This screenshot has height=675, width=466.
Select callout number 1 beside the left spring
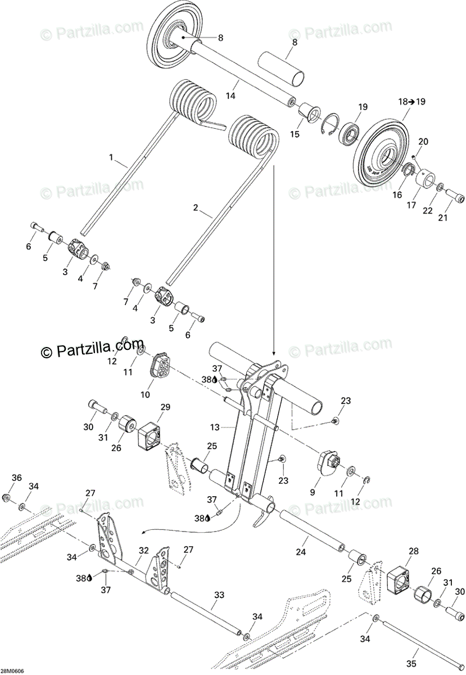click(x=111, y=157)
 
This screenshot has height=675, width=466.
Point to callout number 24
click(x=301, y=552)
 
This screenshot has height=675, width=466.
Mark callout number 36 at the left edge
click(x=17, y=478)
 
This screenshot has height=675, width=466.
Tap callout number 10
click(x=145, y=395)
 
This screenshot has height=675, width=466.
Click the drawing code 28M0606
click(x=12, y=671)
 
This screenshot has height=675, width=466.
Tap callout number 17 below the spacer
click(x=412, y=205)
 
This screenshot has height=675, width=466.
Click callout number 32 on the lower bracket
click(x=144, y=551)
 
